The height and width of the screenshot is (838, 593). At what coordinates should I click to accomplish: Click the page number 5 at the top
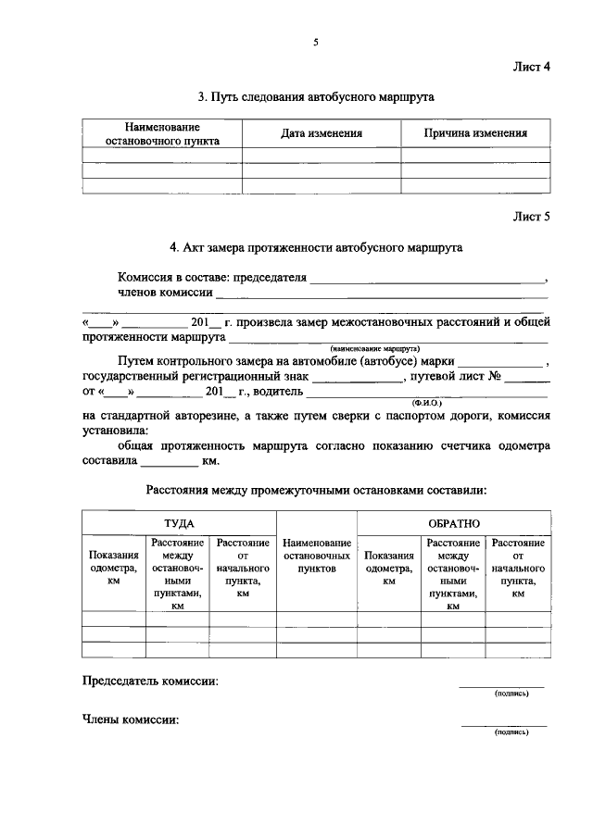(315, 42)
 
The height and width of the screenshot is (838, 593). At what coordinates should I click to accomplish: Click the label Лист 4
(532, 67)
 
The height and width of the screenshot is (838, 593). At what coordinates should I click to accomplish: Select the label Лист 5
(532, 218)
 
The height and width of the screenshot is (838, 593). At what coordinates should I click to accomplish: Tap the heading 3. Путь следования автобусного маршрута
(316, 96)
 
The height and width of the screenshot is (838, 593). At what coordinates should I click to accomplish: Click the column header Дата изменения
(321, 133)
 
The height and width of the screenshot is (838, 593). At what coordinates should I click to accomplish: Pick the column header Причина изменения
(475, 133)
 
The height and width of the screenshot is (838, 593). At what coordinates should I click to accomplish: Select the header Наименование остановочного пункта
(162, 133)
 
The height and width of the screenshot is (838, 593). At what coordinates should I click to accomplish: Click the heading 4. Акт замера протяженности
(315, 248)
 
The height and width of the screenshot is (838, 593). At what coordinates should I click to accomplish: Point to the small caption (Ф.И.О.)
(427, 404)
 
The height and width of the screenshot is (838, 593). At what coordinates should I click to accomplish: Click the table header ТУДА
(179, 523)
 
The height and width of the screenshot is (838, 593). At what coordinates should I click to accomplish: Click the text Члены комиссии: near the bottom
(131, 719)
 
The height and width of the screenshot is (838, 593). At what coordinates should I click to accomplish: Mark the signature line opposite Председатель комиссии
(501, 685)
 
